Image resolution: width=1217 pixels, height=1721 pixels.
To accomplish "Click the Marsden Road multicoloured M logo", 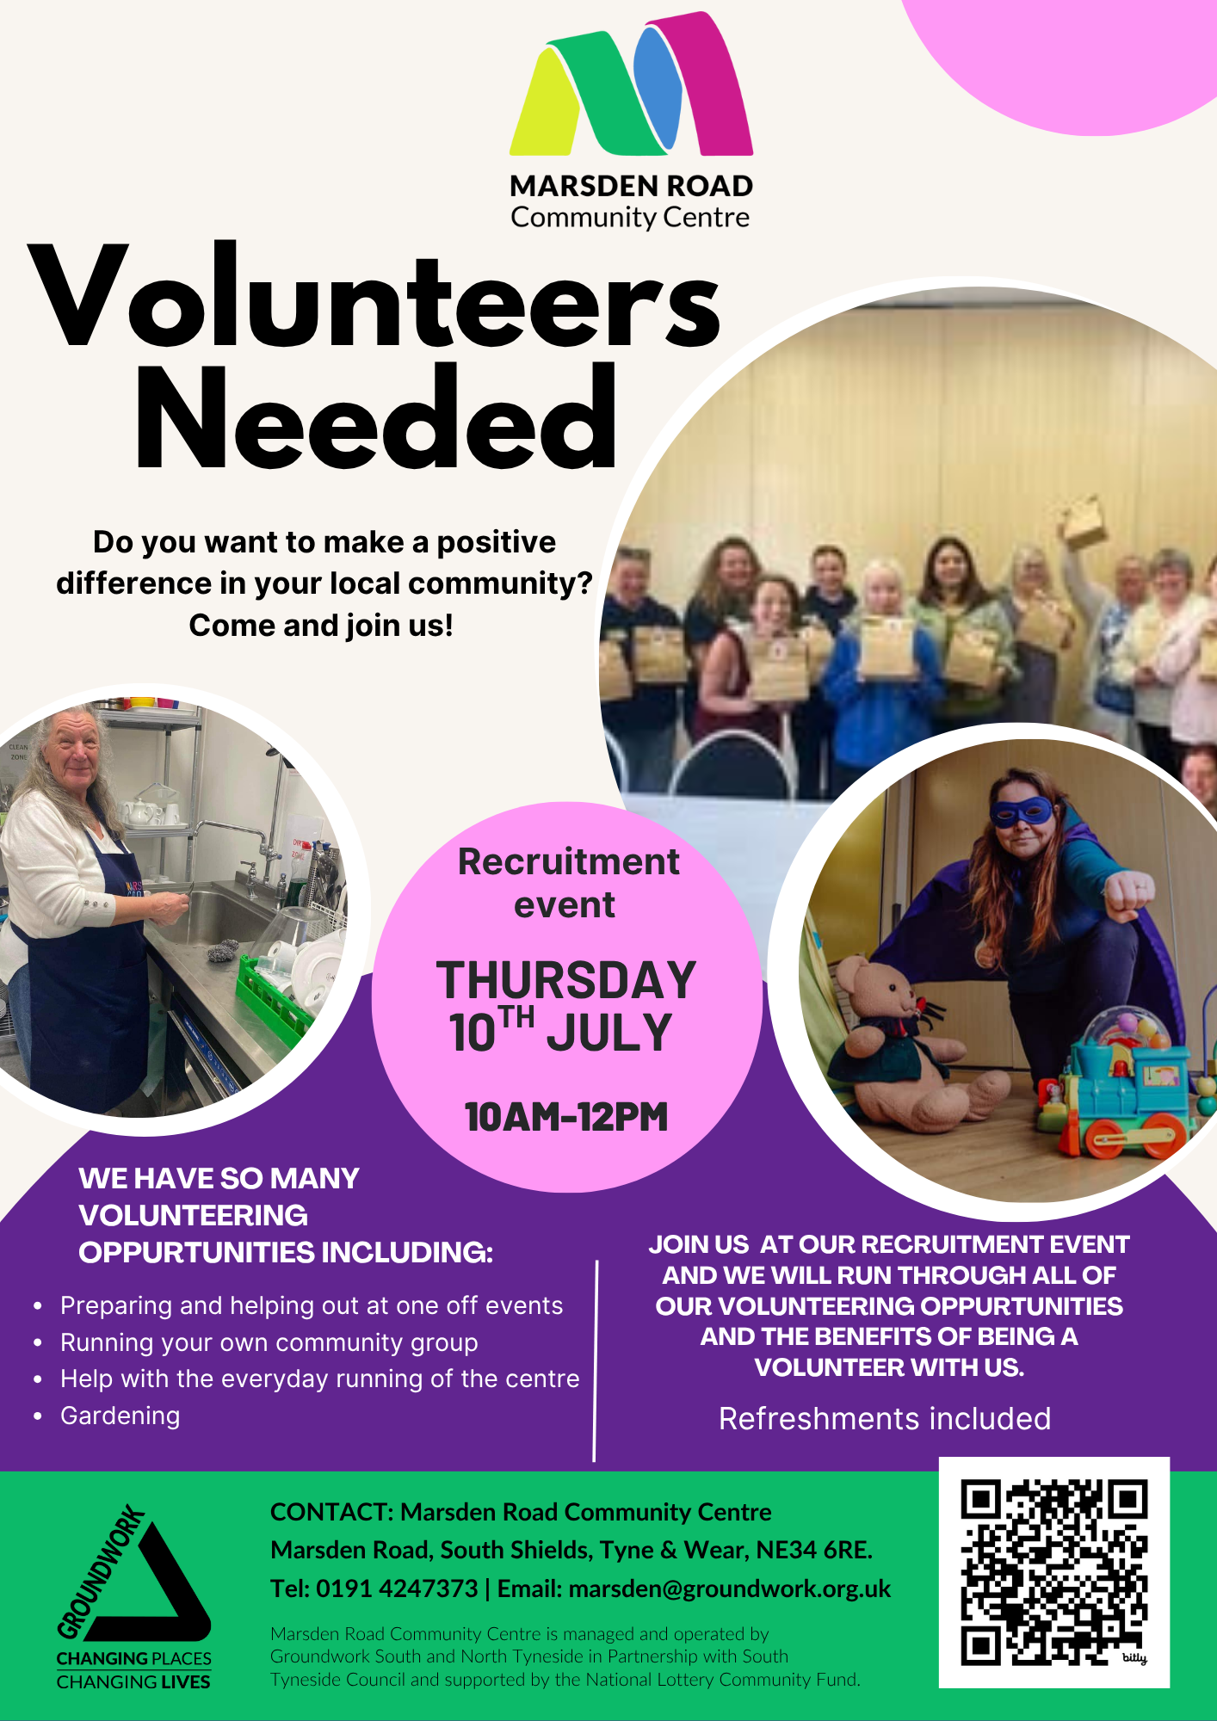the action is coord(631,84).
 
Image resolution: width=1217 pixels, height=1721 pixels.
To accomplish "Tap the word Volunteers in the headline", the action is coord(375,297).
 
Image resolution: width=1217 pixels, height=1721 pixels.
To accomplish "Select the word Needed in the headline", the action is coord(376,416).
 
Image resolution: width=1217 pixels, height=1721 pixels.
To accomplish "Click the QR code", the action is coord(1054,1572).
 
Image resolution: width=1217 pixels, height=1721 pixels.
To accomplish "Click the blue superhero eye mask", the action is coord(1022,811).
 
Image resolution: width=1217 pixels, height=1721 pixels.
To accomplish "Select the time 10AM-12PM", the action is coord(566,1117).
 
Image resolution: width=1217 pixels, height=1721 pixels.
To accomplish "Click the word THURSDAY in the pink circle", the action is coord(566,980).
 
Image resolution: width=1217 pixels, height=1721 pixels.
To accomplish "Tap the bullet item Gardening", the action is coord(120,1416).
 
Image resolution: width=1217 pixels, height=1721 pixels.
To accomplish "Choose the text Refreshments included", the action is coord(885,1419).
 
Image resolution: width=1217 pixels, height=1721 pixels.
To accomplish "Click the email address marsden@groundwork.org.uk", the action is coord(730,1588).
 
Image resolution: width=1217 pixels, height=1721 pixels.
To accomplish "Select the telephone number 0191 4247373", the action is coord(397,1588).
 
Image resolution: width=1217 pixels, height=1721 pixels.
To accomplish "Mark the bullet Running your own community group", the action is coord(269,1342).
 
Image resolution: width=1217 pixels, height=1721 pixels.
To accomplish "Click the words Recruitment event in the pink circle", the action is coord(568,883).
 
